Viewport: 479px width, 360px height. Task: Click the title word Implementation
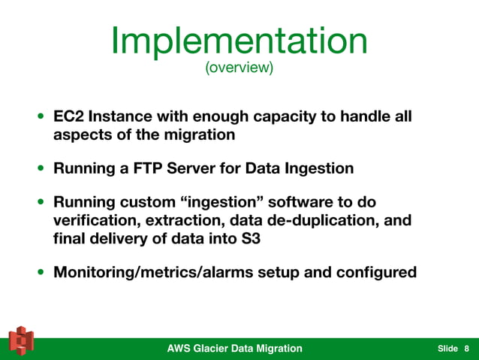[239, 41]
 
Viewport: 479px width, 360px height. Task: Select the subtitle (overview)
[239, 69]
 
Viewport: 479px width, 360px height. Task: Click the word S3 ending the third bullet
[255, 237]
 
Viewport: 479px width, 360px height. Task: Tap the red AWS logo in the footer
[20, 342]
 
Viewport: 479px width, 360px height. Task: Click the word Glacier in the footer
[221, 348]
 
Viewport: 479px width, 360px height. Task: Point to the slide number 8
[466, 349]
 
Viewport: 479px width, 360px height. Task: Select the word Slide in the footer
[447, 349]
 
